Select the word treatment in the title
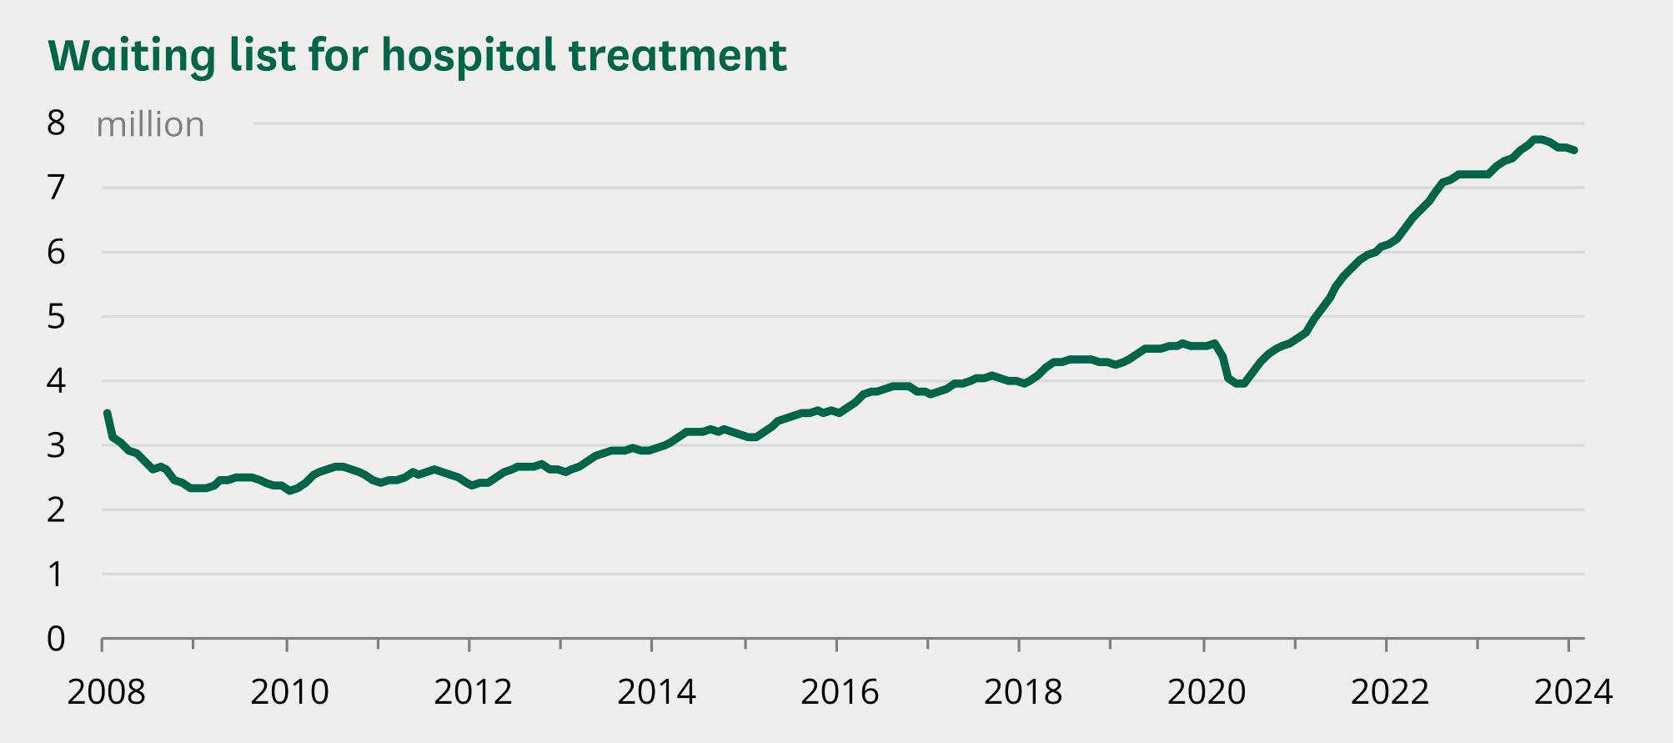677,56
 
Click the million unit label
150,125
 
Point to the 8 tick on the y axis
56,123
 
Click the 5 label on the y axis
56,317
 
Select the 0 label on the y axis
56,639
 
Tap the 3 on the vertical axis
56,445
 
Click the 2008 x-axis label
106,692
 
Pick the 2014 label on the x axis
656,692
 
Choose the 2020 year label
1207,692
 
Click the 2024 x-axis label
1573,692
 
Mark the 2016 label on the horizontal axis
840,692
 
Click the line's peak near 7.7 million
1537,139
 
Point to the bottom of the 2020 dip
1239,384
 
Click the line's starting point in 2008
107,413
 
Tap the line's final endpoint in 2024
1574,150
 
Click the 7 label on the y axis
56,188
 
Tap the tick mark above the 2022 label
1387,645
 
